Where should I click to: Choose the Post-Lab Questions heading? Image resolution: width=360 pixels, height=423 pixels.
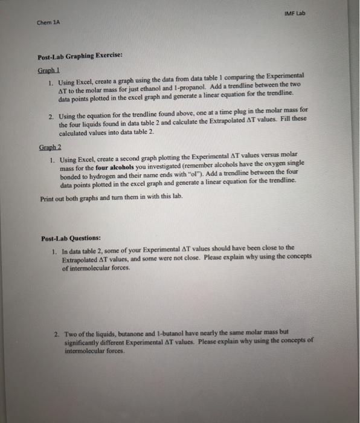70,236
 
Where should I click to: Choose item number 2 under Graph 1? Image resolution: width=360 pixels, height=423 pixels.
52,109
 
